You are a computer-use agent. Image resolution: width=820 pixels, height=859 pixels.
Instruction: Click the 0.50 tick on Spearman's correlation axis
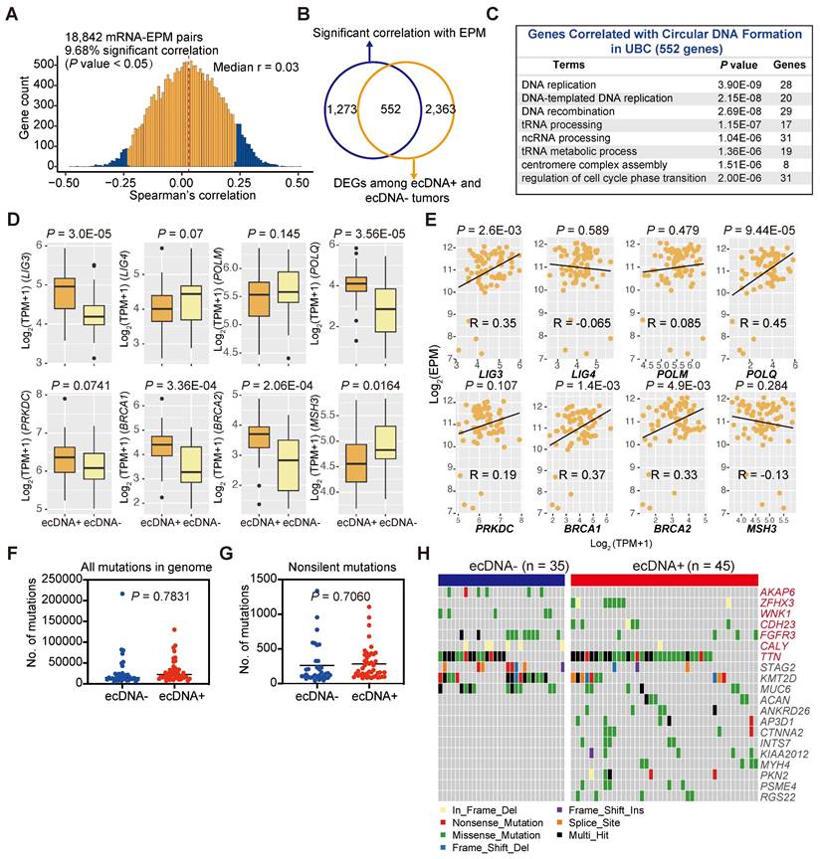pyautogui.click(x=297, y=184)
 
